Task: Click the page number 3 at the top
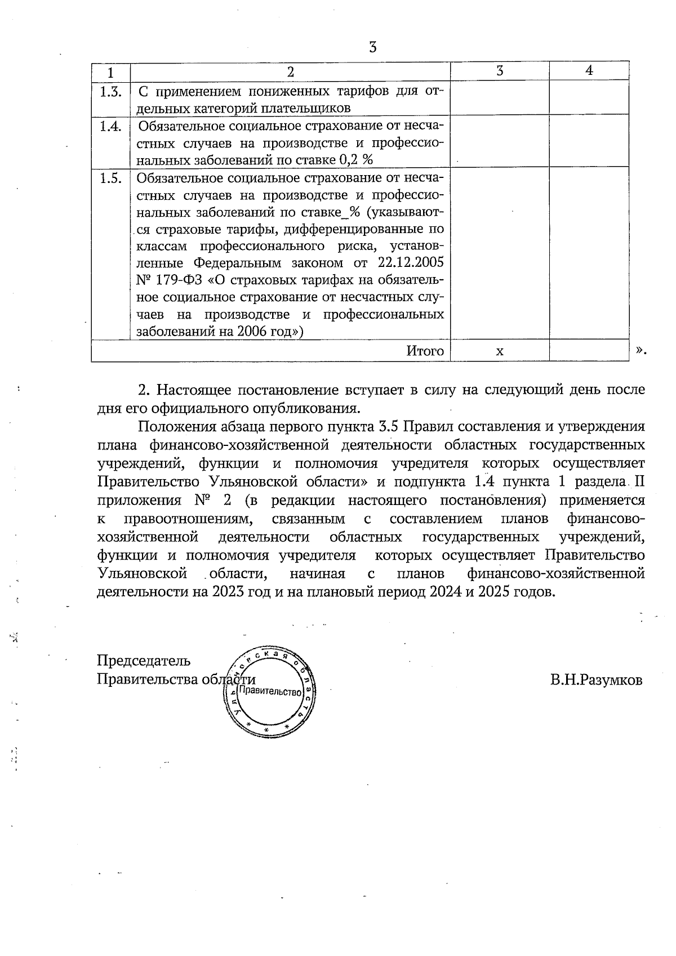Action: (x=372, y=47)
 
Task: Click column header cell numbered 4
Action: (x=589, y=70)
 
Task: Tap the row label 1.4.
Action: (x=110, y=127)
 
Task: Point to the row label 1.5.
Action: (x=110, y=178)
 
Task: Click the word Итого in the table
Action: (x=425, y=351)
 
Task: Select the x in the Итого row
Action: (x=499, y=351)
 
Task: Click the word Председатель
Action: (x=144, y=660)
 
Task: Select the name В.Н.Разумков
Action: (x=596, y=680)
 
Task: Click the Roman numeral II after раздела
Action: (x=639, y=482)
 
